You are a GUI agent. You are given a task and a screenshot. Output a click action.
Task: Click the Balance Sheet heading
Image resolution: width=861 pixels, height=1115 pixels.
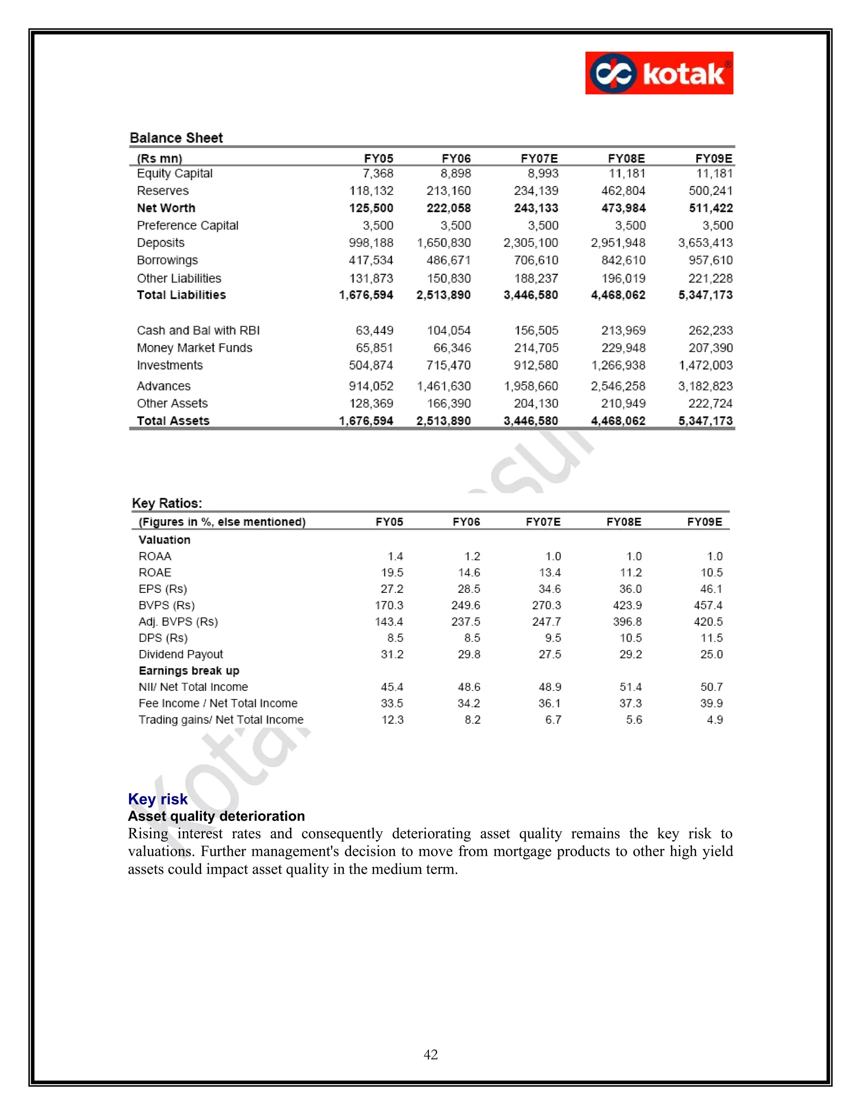click(176, 138)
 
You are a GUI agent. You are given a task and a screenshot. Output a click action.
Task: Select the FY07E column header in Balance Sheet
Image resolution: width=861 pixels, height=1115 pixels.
click(539, 158)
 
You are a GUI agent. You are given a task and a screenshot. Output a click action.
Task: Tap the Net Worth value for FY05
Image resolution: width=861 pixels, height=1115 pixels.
click(371, 208)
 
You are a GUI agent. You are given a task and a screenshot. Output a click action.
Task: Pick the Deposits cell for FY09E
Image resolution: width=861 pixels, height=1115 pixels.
click(705, 243)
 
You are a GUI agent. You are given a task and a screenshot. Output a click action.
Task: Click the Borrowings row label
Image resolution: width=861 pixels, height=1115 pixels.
click(167, 260)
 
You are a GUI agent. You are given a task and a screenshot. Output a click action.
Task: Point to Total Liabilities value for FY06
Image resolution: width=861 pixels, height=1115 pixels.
click(443, 295)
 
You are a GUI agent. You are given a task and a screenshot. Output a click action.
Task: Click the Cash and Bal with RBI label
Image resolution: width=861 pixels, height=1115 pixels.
click(198, 330)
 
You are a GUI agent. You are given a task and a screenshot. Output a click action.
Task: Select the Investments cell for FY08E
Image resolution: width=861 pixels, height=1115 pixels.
click(618, 366)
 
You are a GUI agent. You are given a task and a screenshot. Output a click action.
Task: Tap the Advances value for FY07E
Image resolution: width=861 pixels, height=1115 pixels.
click(531, 387)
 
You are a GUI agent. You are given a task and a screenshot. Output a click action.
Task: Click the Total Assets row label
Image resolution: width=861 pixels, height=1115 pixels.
click(173, 421)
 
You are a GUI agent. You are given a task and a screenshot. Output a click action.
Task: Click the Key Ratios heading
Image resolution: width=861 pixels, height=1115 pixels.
click(167, 503)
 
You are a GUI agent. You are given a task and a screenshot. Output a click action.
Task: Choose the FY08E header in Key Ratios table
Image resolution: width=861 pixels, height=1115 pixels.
click(623, 522)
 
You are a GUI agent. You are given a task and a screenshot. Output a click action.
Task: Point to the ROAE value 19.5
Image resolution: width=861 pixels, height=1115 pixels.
click(392, 573)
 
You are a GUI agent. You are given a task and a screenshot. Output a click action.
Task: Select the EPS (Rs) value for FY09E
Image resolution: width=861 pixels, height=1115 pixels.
click(711, 589)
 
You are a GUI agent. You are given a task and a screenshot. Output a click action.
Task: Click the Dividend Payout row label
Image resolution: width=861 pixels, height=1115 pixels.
click(180, 655)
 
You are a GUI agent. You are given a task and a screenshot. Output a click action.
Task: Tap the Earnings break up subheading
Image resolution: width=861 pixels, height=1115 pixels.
click(189, 671)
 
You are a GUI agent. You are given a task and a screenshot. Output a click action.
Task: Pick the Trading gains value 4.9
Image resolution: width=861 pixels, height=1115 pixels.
click(715, 720)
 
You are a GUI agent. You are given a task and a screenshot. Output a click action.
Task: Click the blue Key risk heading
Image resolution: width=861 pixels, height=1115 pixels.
click(158, 799)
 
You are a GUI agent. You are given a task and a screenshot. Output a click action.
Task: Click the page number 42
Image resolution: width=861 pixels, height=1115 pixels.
click(430, 1055)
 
